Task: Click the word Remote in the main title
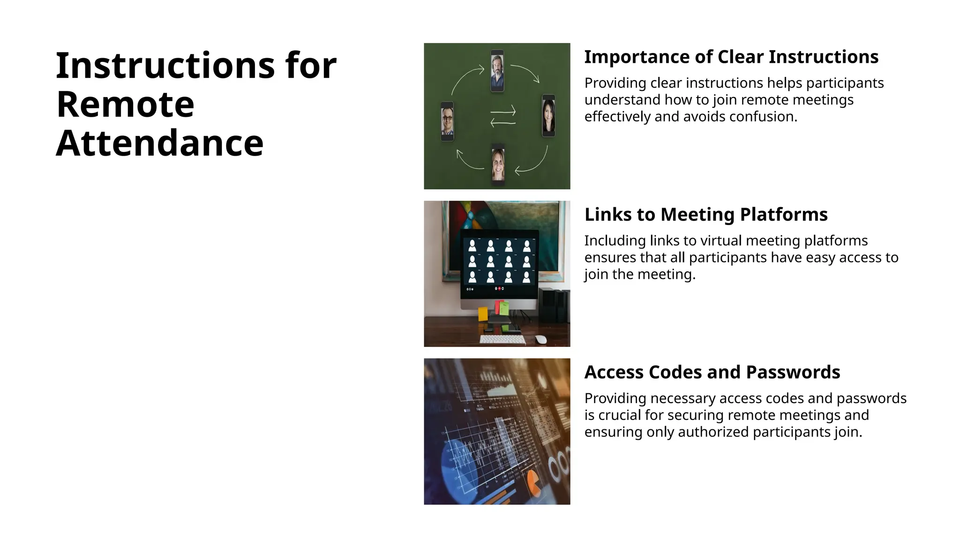125,104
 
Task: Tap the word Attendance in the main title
159,143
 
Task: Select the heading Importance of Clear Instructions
731,57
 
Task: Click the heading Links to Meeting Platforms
705,214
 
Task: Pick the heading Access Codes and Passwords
712,372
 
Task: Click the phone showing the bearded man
497,71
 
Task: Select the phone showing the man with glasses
447,121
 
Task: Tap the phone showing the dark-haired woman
548,116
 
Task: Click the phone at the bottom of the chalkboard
498,164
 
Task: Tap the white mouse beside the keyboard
540,339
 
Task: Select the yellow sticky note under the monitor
483,314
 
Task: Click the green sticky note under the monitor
504,308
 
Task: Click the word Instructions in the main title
165,65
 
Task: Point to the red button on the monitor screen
499,289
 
